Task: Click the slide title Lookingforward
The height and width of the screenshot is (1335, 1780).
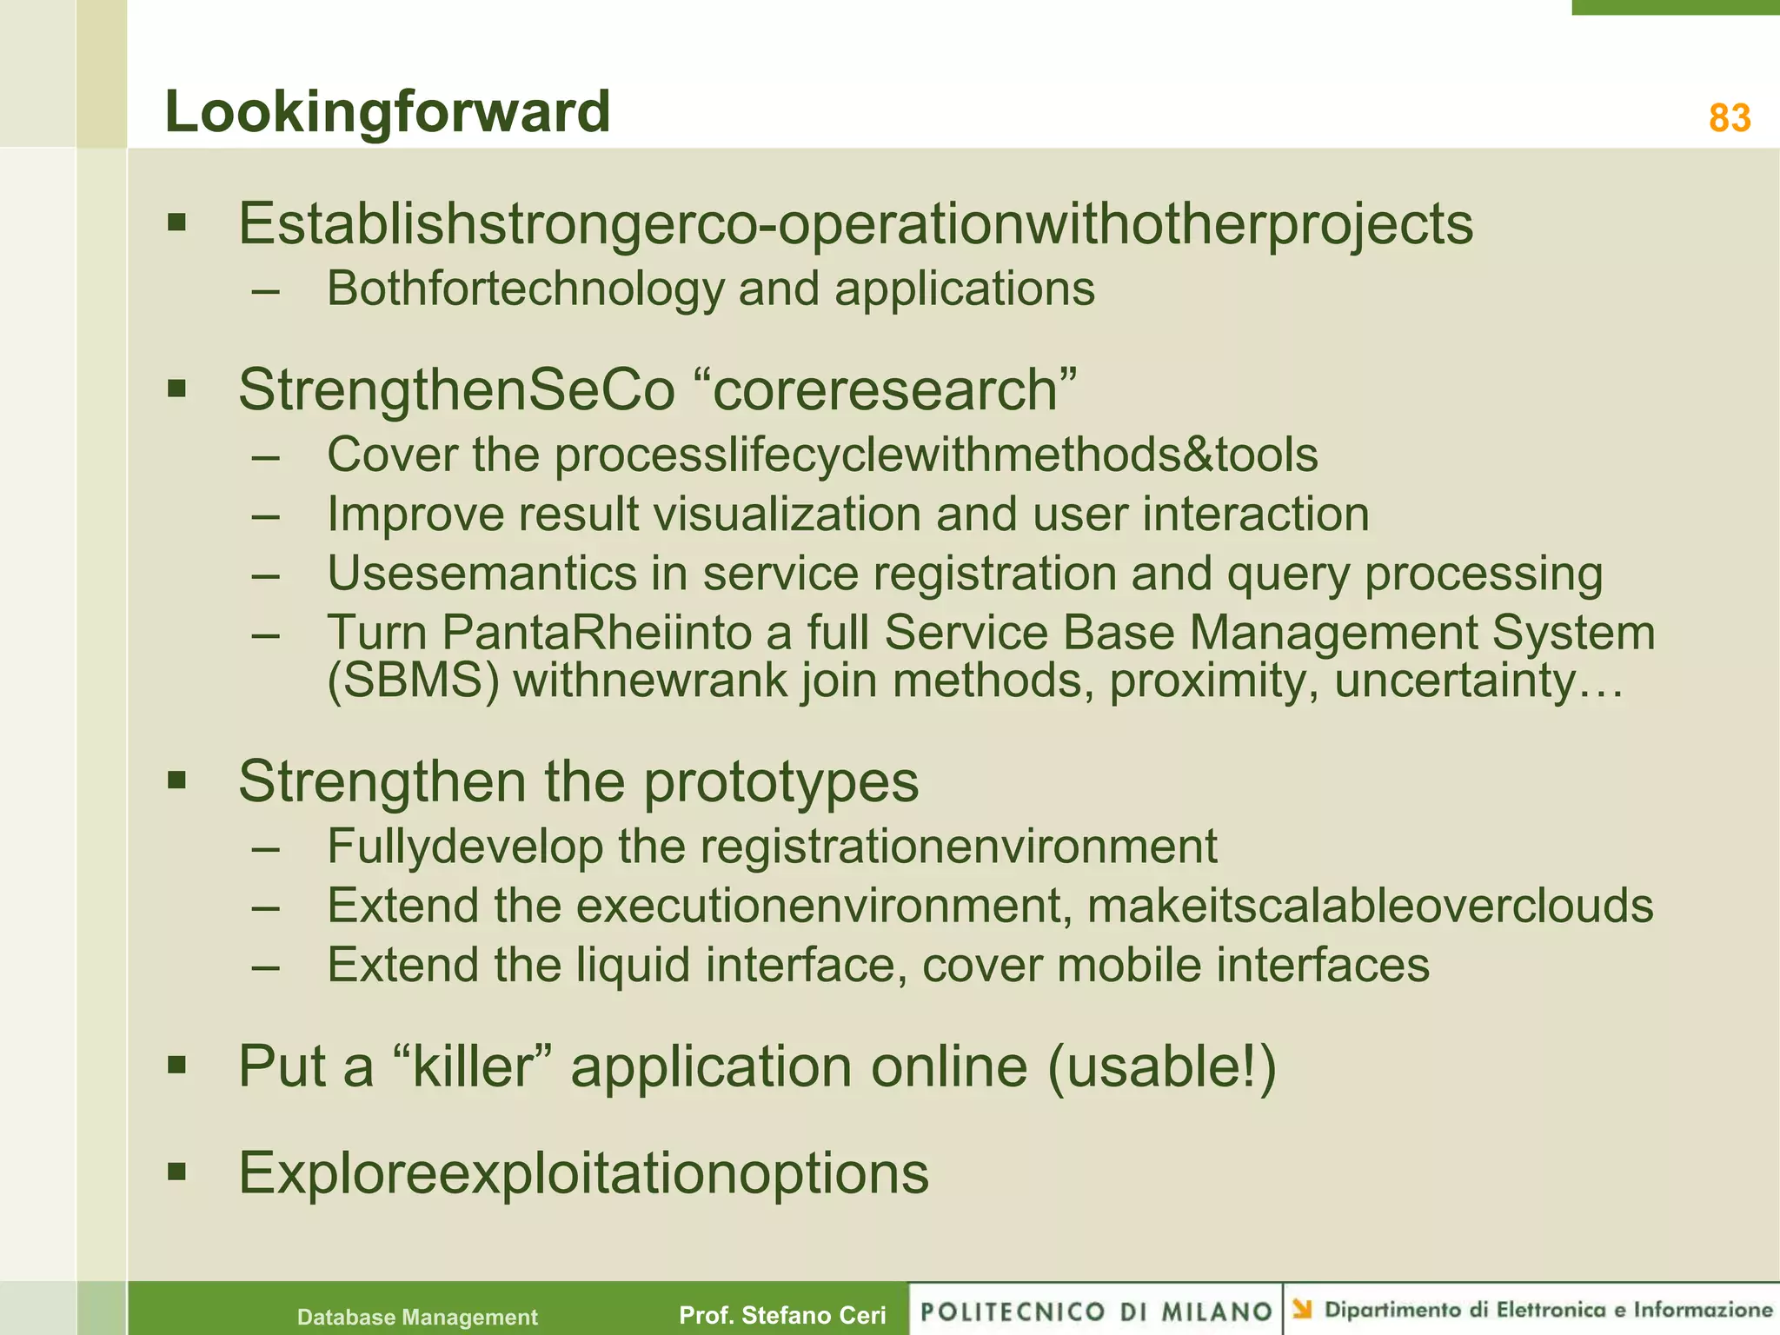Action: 388,112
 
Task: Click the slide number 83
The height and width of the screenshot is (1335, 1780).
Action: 1729,118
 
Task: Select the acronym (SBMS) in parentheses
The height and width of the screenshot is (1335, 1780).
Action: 413,680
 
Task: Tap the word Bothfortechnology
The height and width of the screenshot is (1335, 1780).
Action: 525,289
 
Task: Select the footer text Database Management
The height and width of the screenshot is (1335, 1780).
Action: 417,1317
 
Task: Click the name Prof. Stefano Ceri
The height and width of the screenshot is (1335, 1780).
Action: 782,1315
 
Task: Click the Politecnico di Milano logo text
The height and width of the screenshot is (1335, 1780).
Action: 1096,1312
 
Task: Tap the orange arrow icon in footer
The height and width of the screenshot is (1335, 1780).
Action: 1302,1308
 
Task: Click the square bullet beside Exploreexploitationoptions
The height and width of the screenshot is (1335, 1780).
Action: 177,1172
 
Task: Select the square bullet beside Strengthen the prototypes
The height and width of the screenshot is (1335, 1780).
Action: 177,780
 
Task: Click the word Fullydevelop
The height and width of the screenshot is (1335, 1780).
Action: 465,847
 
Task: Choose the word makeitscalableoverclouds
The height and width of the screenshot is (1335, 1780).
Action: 1370,906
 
